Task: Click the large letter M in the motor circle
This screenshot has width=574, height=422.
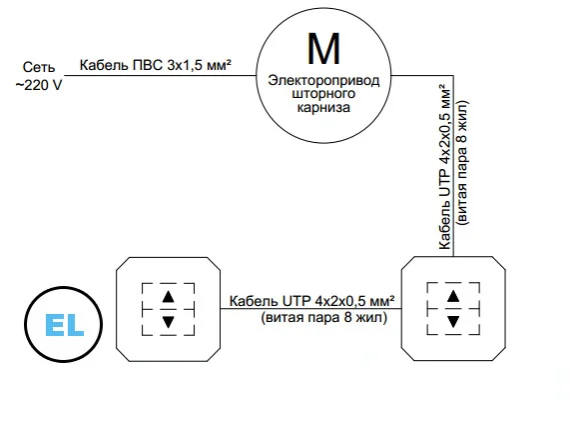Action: [323, 48]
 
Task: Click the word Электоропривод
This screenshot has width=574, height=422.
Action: [323, 80]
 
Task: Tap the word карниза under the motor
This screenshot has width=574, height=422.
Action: [323, 107]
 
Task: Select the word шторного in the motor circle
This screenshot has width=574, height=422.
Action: [323, 93]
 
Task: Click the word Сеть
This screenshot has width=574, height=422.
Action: [39, 67]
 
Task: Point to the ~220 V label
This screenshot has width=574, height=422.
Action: [39, 85]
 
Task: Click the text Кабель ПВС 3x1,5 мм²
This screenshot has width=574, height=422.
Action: [155, 65]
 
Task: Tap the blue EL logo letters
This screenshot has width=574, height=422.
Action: [65, 325]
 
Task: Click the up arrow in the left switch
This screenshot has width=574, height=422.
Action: [168, 296]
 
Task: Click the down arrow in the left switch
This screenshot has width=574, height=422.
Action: [168, 322]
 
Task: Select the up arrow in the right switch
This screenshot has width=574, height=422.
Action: [453, 296]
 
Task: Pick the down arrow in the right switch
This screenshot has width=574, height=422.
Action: [453, 322]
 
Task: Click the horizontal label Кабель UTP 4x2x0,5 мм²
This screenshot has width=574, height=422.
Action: [311, 301]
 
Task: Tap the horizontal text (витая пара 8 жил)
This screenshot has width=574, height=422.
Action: [324, 317]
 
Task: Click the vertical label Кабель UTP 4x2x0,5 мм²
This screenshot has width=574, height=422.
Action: [444, 167]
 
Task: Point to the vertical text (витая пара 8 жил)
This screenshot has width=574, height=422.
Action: [461, 162]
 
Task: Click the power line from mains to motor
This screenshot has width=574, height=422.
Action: [161, 76]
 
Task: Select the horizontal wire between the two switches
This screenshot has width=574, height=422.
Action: [310, 309]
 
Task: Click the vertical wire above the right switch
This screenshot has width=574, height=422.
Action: [453, 166]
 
